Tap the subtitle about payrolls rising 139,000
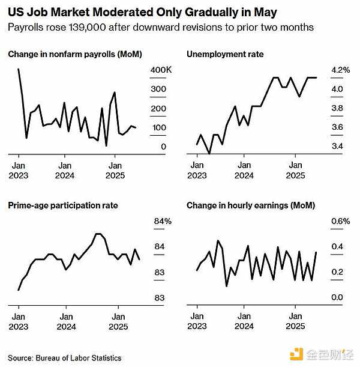(161, 28)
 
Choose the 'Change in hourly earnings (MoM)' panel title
(251, 205)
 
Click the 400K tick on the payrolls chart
(160, 70)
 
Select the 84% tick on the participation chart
(163, 221)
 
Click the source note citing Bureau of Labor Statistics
(65, 358)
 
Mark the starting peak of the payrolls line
(19, 69)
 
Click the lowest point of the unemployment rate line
(209, 154)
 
